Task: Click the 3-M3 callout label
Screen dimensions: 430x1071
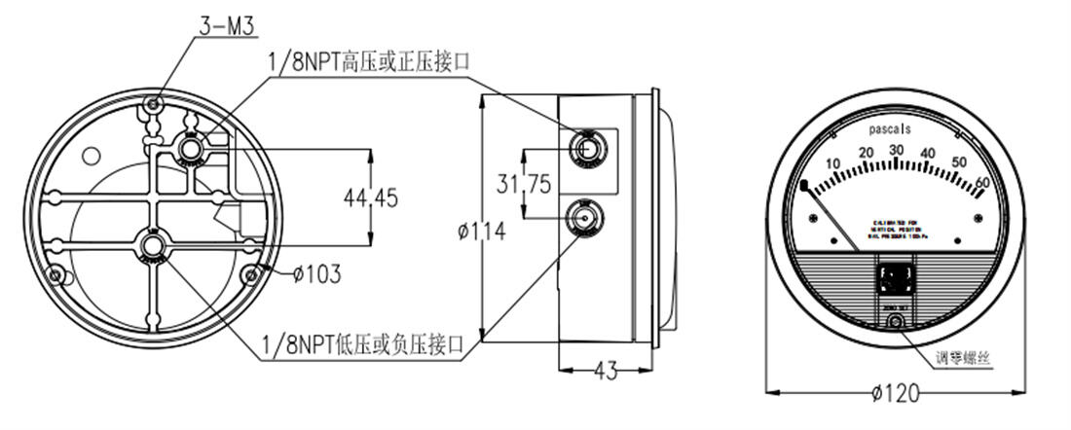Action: pos(227,26)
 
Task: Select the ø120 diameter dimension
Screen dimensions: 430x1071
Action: pos(896,393)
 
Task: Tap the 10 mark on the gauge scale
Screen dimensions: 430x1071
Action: pos(832,162)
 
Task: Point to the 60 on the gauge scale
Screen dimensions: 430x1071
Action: pos(981,181)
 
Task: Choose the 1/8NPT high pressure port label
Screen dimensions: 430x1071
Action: pos(369,62)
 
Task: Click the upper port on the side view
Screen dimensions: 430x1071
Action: pos(586,147)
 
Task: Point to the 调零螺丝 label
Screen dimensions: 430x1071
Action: pos(964,357)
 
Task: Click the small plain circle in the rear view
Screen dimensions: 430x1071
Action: pos(92,155)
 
